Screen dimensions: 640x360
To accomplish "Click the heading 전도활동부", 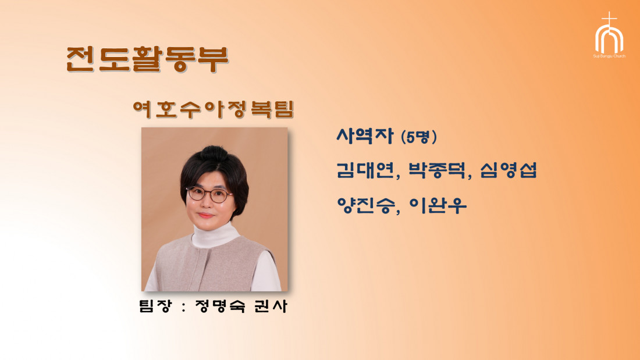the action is tap(147, 59).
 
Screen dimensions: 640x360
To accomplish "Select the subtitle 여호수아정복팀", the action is tap(214, 109).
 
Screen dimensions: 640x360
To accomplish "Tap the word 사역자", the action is tap(364, 136).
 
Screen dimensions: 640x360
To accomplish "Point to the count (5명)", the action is tap(419, 137).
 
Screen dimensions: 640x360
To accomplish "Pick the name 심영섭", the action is tap(509, 170).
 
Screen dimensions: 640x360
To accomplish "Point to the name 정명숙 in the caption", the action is tap(221, 306).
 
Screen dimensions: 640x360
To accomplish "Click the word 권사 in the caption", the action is tap(271, 306).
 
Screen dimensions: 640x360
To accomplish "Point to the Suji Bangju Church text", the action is tap(609, 56).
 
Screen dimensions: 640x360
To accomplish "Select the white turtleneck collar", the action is tap(215, 236).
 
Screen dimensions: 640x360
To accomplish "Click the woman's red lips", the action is tap(206, 215).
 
